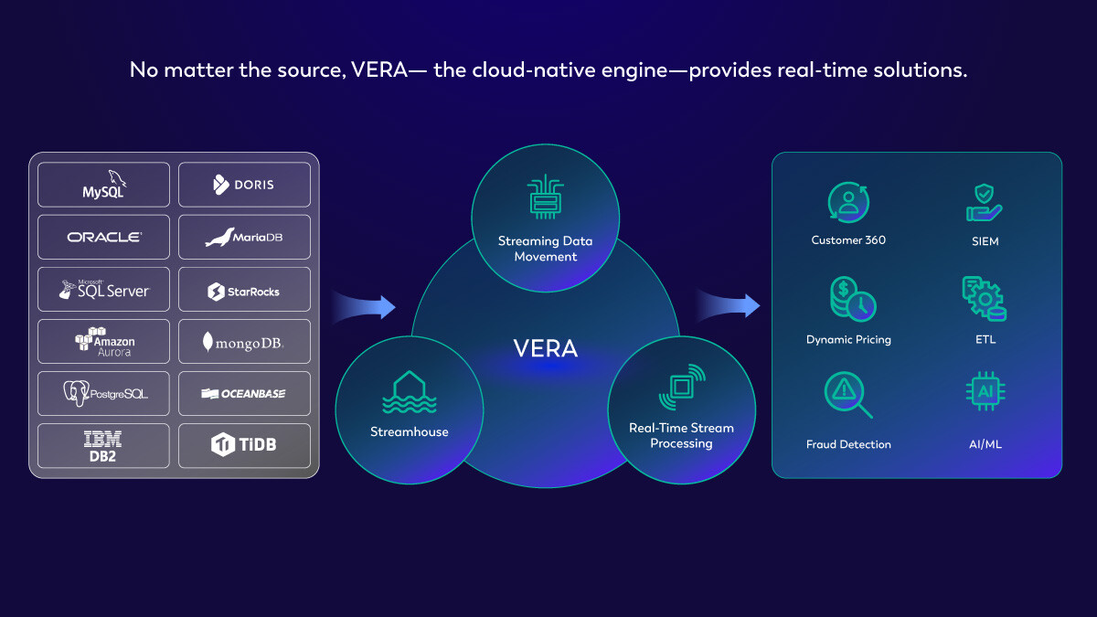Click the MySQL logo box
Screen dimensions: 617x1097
[x=103, y=185]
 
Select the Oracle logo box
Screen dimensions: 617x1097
[x=103, y=237]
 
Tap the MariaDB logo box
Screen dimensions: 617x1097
[x=244, y=237]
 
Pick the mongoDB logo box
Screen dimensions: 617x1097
[x=244, y=342]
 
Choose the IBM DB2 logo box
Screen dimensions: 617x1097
[x=103, y=445]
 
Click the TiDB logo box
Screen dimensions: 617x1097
[x=244, y=445]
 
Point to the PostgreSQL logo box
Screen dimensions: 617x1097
[x=103, y=393]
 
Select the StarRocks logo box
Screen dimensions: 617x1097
[x=244, y=290]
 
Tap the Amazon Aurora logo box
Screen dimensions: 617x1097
[x=103, y=341]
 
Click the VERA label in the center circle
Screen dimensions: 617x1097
[x=546, y=348]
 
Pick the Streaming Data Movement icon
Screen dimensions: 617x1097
[x=545, y=198]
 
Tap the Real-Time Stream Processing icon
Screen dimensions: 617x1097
[x=682, y=387]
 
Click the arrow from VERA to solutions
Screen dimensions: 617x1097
[x=728, y=305]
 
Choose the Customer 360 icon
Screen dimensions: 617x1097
[x=848, y=203]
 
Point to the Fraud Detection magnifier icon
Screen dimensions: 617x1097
[x=848, y=395]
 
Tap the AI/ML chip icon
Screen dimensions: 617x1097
[x=985, y=391]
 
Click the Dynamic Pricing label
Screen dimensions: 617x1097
[x=848, y=340]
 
